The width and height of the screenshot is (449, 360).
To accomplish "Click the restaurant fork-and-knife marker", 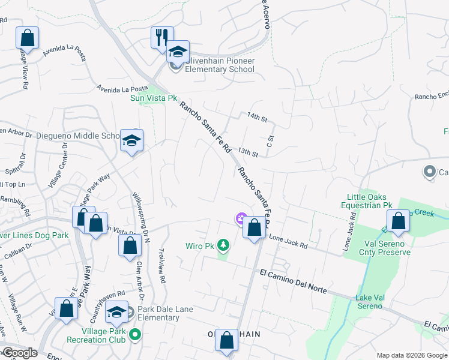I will point(162,38).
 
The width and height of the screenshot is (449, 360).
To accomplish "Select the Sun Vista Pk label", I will point(155,98).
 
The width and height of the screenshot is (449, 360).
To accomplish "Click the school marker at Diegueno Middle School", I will point(131,141).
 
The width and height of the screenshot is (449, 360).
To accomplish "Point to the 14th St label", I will point(257,116).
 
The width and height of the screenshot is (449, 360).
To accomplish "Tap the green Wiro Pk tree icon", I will point(223,245).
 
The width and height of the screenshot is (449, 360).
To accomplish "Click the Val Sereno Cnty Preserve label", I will point(388,248).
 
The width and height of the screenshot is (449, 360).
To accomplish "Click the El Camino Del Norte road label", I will point(294,281).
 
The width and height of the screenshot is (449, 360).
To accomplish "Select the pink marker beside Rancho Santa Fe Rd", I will point(241,219).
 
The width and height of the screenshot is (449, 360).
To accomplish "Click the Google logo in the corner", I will point(19,353).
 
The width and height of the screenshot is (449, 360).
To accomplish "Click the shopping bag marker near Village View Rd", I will point(27,38).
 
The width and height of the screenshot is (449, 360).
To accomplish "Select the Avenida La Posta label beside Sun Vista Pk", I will point(122,88).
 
